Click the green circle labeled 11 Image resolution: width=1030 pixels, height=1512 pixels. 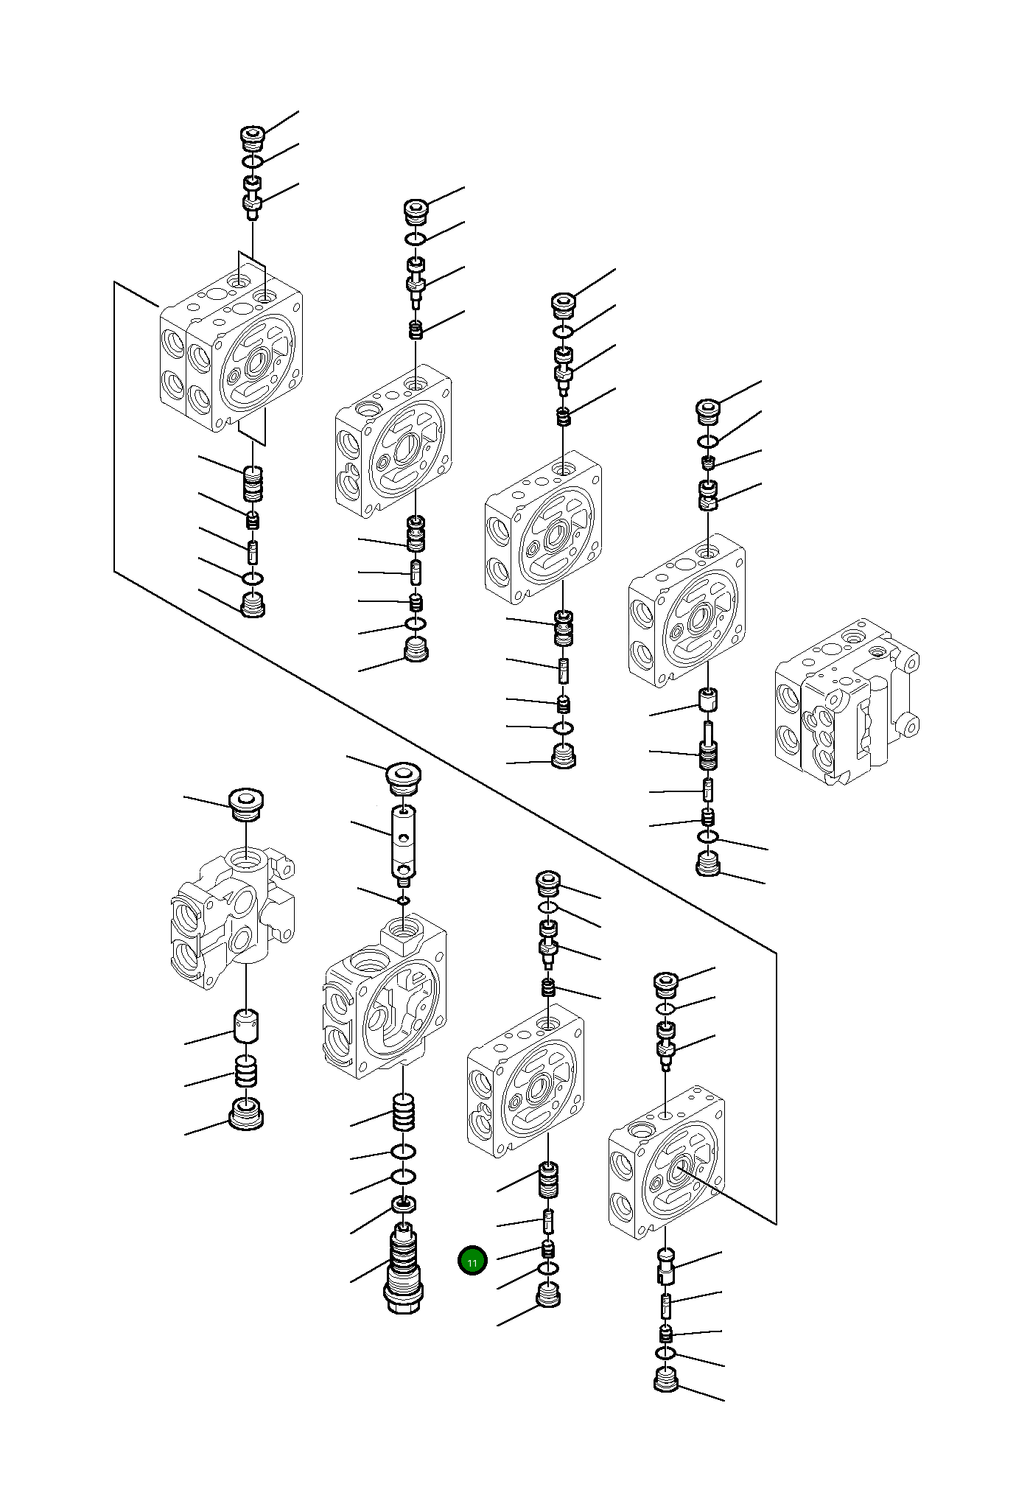point(472,1261)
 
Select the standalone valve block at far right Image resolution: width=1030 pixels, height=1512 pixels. point(845,703)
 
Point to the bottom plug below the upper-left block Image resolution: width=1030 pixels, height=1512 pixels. point(253,606)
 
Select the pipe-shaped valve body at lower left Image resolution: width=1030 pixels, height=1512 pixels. point(233,917)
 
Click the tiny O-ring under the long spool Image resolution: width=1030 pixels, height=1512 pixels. point(403,900)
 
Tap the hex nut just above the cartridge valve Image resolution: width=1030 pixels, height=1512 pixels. point(403,1205)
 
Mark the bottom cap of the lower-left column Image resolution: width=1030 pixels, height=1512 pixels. point(247,1113)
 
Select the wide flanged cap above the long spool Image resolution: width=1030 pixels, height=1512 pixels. point(404,778)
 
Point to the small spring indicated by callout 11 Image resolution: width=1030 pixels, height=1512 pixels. point(548,1249)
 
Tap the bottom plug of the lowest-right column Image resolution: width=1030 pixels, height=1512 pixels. point(666,1379)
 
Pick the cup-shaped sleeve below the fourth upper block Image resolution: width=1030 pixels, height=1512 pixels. point(708,699)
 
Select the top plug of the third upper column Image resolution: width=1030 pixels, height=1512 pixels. point(564,304)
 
